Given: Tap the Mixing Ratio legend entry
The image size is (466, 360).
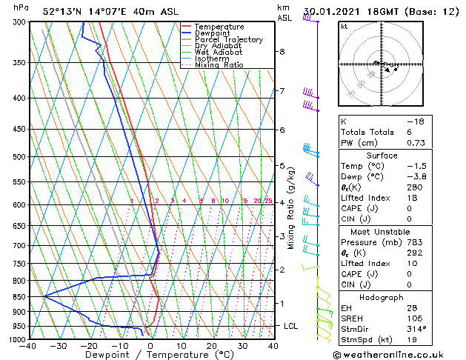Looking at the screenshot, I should click(219, 65).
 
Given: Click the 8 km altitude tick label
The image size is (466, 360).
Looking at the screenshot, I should click(282, 52).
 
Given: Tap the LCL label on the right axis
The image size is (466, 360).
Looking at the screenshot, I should click(292, 326).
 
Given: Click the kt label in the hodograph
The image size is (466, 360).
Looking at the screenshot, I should click(344, 27).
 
